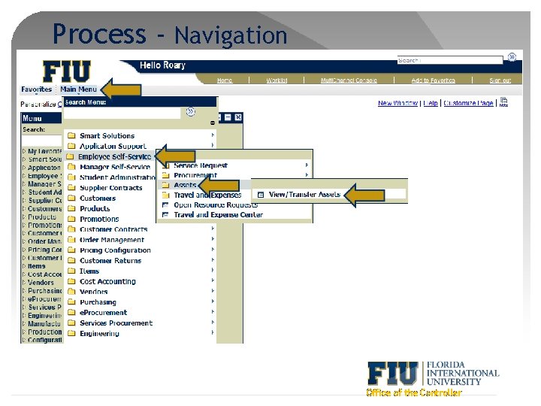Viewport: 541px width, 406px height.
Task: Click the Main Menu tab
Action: pos(78,89)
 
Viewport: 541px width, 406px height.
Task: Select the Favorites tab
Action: pos(36,89)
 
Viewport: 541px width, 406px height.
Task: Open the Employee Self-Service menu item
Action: pos(114,156)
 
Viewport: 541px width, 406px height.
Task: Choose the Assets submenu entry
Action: pos(185,184)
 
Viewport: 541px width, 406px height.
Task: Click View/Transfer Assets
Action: pos(304,194)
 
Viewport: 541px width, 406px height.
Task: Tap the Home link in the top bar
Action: pos(225,80)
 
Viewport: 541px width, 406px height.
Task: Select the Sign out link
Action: pos(500,80)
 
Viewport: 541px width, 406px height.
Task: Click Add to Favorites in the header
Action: pos(433,80)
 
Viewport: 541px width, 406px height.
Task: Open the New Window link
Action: pos(398,103)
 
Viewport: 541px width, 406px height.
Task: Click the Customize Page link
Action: pos(468,103)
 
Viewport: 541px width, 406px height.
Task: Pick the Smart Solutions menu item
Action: pos(107,136)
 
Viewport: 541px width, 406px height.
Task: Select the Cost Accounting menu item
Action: pos(107,281)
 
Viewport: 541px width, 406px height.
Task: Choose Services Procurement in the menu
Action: pos(116,323)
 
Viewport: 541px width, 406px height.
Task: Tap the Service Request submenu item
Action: pos(200,165)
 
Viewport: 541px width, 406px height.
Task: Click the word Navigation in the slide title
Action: pos(231,35)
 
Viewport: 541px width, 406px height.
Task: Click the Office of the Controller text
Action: pos(413,392)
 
